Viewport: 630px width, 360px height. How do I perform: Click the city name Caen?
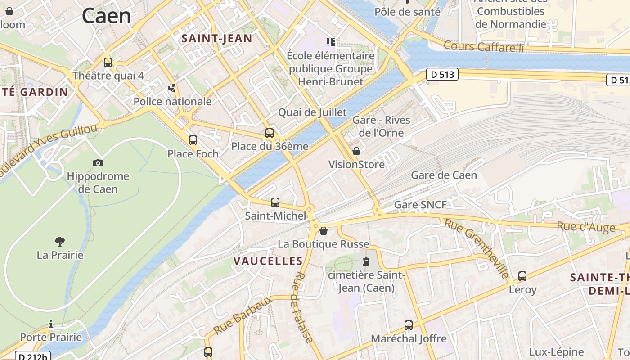click(x=106, y=16)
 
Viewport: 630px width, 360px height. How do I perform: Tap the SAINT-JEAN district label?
click(x=216, y=39)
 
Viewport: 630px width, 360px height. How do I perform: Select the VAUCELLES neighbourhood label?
click(x=268, y=261)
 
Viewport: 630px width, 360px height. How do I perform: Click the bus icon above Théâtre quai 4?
click(x=108, y=63)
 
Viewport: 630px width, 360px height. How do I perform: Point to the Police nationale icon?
click(x=172, y=88)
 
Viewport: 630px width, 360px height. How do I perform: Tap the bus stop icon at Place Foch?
click(x=193, y=140)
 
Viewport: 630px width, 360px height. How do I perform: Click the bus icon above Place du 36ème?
click(x=270, y=133)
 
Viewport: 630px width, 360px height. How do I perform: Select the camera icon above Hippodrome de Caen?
click(x=98, y=163)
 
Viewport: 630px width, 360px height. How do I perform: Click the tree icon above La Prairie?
click(x=60, y=242)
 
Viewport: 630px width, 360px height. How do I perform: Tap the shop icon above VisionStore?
click(x=356, y=151)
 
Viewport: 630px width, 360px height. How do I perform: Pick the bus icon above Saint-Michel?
click(x=275, y=202)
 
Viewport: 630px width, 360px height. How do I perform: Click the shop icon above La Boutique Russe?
click(x=323, y=231)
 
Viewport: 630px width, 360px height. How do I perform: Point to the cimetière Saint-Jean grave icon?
click(x=366, y=261)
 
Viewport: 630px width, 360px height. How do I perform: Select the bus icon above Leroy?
click(x=522, y=276)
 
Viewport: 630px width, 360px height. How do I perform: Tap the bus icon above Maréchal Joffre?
click(x=409, y=325)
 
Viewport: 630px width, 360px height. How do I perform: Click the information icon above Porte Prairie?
click(x=51, y=324)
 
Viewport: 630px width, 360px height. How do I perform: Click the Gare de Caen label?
click(x=444, y=175)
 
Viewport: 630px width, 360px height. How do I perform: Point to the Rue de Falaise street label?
click(x=302, y=307)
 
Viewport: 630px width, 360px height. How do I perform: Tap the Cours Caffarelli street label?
click(x=484, y=46)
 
